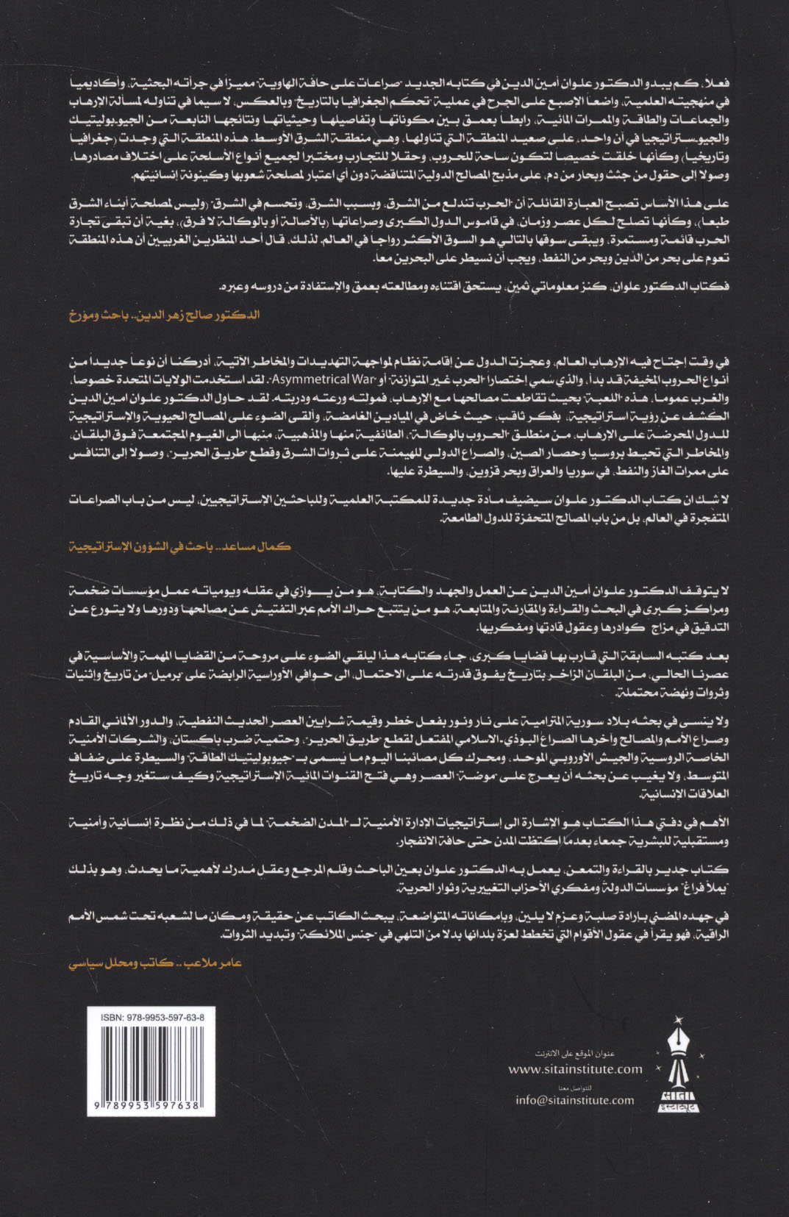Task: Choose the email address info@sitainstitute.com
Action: pos(574,1100)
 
